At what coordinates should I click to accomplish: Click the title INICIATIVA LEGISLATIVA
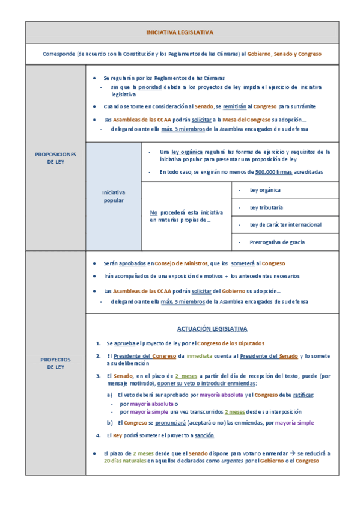(180, 32)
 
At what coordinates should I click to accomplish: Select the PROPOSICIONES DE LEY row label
(55, 158)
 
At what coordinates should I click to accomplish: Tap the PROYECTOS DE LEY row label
(55, 363)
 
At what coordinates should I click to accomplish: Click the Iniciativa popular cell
(114, 196)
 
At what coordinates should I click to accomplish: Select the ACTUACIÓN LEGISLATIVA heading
(212, 328)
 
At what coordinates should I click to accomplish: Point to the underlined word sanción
(204, 435)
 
